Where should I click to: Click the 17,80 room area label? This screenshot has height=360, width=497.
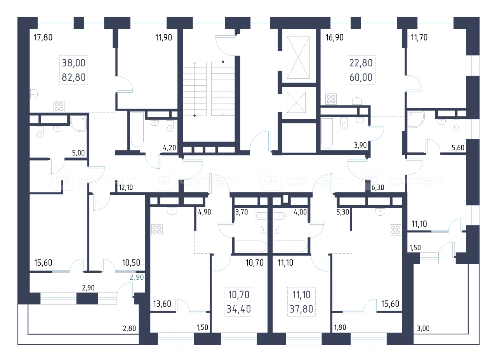pos(43,38)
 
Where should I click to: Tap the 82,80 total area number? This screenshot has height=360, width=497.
pos(74,77)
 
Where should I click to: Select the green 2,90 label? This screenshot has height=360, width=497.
pos(137,277)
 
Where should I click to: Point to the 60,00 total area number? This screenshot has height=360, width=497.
pos(361,77)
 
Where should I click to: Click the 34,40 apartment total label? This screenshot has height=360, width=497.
pos(239,309)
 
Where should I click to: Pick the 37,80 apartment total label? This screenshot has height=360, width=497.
pos(301,309)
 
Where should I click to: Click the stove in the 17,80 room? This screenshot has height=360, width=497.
pos(59,106)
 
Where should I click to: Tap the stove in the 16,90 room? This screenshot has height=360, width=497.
pos(331,99)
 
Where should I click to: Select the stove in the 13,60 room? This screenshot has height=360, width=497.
pos(157,229)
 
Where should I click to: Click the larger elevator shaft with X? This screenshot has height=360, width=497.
pos(298,57)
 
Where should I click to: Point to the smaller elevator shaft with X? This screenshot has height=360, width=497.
pos(296,102)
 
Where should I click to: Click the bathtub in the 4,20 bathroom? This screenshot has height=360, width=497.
pos(137,130)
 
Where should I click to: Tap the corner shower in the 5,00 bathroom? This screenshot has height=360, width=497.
pos(78,123)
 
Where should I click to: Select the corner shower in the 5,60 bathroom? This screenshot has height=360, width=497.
pos(416,119)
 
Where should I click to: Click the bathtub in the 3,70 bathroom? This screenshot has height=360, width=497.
pos(251,246)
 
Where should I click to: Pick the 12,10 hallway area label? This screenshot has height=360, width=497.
pos(126,187)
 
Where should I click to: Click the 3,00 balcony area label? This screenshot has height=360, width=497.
pos(423,328)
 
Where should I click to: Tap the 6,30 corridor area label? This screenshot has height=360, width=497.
pos(378,187)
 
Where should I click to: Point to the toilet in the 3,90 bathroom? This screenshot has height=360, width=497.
pos(344,123)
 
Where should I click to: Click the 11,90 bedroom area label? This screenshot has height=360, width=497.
pos(163,38)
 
